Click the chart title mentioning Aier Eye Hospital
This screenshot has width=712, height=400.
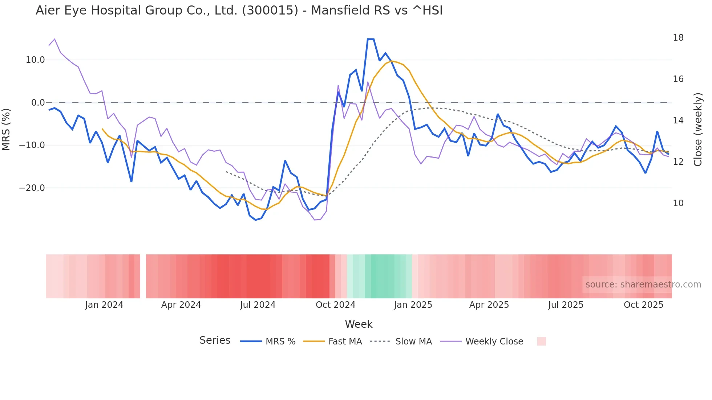coord(239,11)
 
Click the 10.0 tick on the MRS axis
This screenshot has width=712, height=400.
coord(35,60)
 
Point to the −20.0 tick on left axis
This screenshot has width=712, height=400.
coord(32,188)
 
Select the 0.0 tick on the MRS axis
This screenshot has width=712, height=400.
coord(38,103)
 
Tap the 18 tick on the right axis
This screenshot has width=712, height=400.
coord(678,38)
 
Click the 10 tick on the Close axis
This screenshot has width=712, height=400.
coord(678,203)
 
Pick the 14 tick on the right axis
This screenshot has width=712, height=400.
coord(678,121)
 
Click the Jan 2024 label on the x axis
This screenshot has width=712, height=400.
coord(104,305)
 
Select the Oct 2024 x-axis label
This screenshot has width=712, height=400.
coord(335,305)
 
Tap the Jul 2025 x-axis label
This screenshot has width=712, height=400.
coord(566,305)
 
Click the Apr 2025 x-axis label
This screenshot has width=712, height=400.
coord(489,305)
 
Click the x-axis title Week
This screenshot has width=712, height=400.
coord(359,324)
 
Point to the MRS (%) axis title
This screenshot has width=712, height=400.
coord(6,130)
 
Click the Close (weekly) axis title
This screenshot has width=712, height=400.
coord(698,130)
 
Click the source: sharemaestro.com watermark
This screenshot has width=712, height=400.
coord(643,285)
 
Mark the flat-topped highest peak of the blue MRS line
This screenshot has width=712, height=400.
coord(371,39)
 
